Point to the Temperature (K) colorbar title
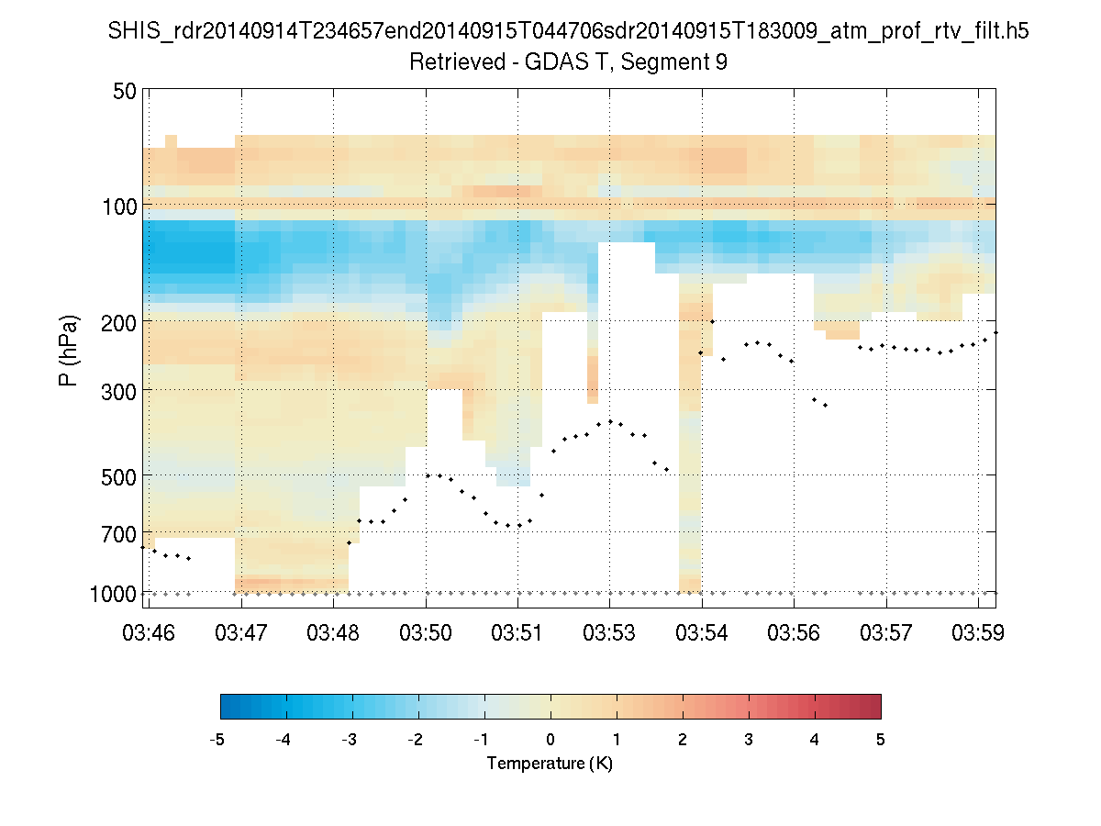pyautogui.click(x=550, y=764)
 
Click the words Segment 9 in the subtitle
pyautogui.click(x=675, y=62)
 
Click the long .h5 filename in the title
pyautogui.click(x=568, y=32)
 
